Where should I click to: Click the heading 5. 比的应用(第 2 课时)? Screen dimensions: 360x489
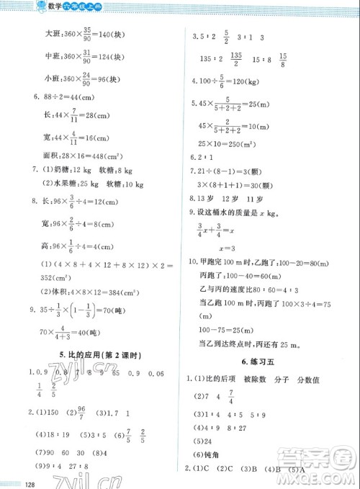[x=95, y=355]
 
